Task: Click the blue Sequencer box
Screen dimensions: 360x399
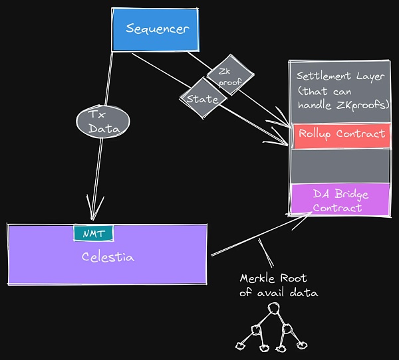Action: (157, 29)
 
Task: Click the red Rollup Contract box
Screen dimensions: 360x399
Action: (341, 135)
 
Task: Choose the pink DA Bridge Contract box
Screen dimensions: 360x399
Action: (341, 200)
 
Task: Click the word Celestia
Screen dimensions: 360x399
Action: (107, 257)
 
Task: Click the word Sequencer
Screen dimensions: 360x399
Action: (158, 29)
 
